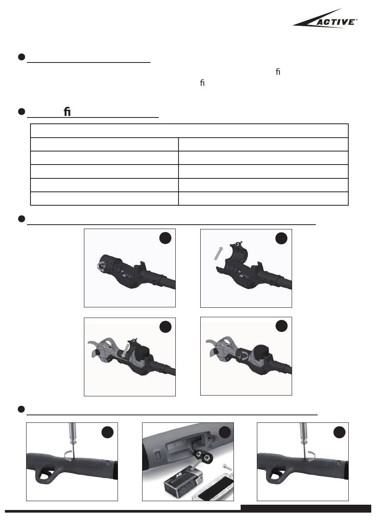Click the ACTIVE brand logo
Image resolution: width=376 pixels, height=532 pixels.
[325, 19]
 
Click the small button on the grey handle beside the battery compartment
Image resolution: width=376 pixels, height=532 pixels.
[157, 454]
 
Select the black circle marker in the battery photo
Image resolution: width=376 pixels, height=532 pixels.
[224, 432]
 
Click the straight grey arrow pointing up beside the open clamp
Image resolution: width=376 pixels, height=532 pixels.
[219, 254]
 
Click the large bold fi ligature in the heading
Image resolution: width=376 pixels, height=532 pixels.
[67, 112]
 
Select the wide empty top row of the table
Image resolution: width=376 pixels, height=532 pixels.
[189, 131]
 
